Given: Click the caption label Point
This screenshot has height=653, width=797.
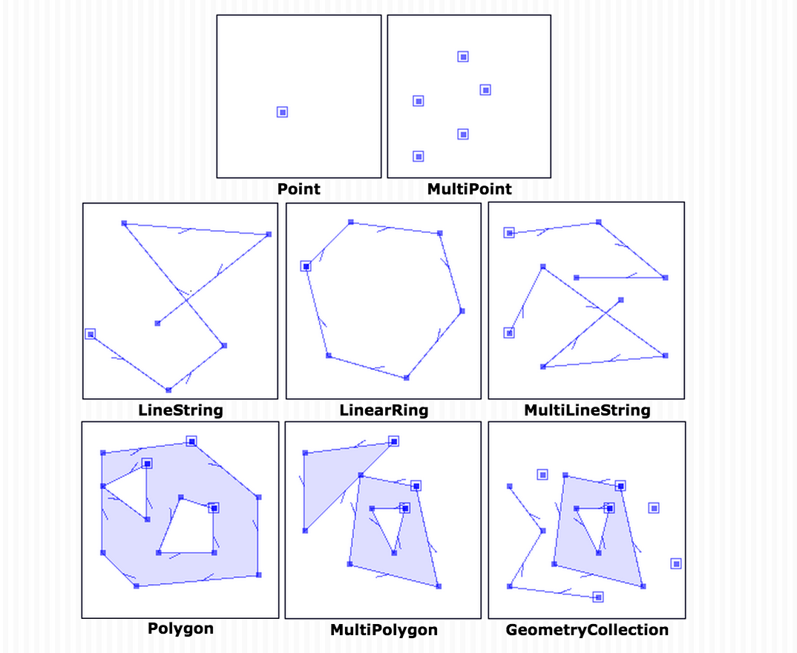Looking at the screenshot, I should point(299,189).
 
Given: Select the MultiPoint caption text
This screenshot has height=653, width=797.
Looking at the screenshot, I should point(469,189).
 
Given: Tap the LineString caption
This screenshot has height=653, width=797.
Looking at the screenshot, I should point(180,410).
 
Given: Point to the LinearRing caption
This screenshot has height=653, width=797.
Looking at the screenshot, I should point(384,410).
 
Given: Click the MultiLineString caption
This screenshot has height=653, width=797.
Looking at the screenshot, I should point(586,410).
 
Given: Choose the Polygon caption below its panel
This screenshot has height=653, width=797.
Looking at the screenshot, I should point(180,629).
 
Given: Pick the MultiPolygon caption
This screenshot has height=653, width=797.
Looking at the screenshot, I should point(384,630).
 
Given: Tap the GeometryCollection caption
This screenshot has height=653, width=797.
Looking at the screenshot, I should point(586,630).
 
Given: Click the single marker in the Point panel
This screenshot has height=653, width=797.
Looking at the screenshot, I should point(282,112).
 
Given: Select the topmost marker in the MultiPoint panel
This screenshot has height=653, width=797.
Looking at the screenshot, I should point(463,56).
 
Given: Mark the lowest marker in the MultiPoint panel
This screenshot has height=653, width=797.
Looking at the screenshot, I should point(419,157).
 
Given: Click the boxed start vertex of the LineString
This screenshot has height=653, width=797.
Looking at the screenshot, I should point(91,334).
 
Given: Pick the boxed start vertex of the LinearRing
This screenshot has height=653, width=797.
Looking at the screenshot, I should point(306,266).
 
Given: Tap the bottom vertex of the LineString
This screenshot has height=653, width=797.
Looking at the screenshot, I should point(168,390).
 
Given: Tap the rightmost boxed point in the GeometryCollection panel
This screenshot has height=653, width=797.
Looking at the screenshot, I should point(676,564).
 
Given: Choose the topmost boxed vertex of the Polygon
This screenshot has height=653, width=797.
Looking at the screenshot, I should point(191,441).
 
